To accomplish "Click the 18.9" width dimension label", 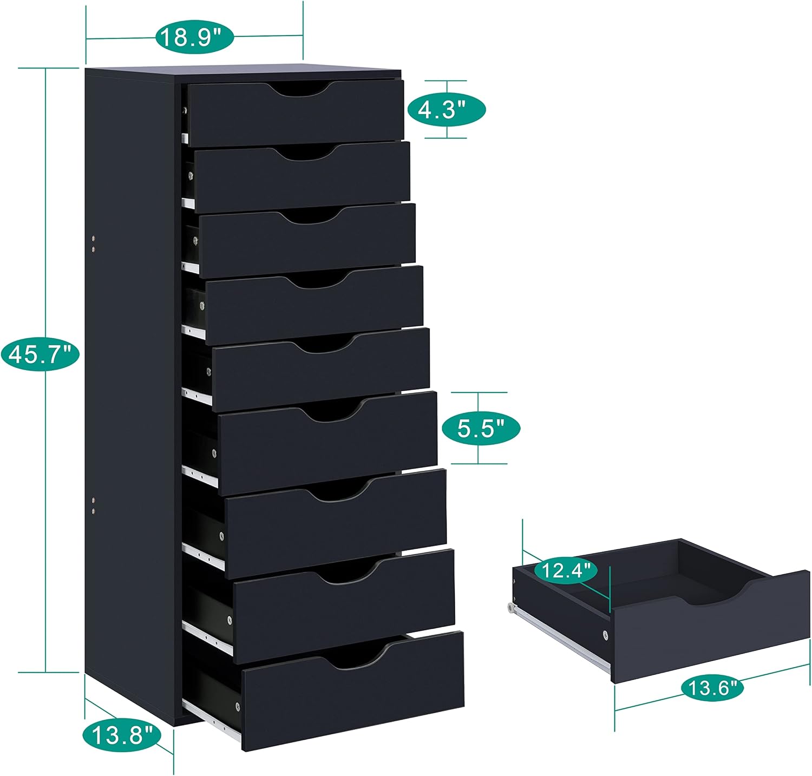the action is coord(194,37).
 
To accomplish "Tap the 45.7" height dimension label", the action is coord(41,354).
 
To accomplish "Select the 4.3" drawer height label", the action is coord(446,109).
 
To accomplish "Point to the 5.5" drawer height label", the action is coord(481,429).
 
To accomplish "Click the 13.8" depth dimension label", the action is coord(122,735).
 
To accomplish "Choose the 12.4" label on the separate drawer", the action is coord(566,570).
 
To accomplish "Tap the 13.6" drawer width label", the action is coord(712,688).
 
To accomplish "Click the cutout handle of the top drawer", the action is coord(299,90).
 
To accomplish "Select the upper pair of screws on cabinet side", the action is coord(94,243).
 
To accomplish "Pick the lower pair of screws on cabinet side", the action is coord(94,504).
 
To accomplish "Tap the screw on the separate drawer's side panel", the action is coord(605,634).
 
